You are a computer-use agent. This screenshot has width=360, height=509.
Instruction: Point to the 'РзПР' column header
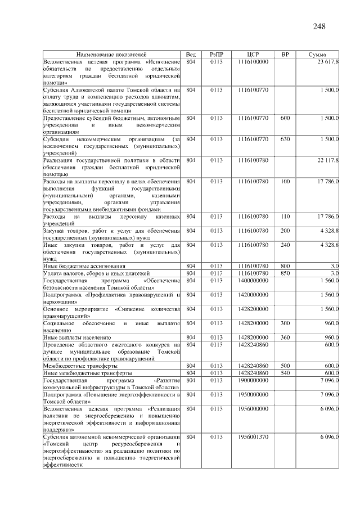point(217,54)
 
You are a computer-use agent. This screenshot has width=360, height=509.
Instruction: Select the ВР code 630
point(285,138)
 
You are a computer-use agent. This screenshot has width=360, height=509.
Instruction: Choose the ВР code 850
point(285,272)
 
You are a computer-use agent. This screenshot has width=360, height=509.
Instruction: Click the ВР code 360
point(285,337)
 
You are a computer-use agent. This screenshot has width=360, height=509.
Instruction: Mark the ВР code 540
point(285,372)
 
